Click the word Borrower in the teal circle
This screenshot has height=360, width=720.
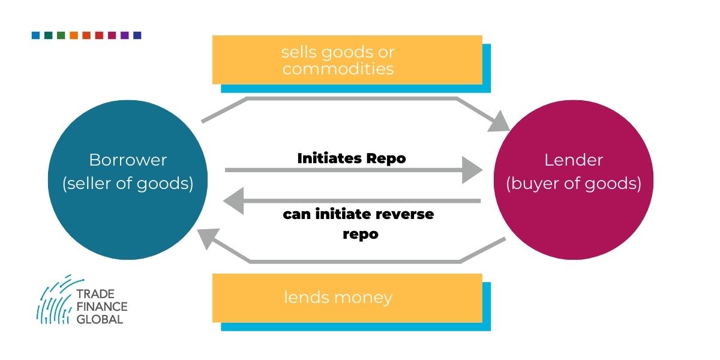pos(128,160)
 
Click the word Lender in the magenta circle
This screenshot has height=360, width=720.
pos(573,160)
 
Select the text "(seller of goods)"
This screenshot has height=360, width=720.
pos(128,184)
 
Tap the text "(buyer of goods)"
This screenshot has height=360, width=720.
pos(573,184)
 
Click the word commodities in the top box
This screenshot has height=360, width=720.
pos(338,69)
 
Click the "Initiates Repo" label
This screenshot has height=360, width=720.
pos(352,158)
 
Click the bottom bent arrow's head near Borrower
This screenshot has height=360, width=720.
pos(208,239)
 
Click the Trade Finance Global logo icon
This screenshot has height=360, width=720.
pos(55,299)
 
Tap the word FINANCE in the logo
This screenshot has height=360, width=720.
pos(102,307)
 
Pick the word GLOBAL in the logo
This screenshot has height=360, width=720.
pos(100,319)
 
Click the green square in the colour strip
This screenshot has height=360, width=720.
pos(61,35)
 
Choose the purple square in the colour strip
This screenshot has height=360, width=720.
pos(124,35)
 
